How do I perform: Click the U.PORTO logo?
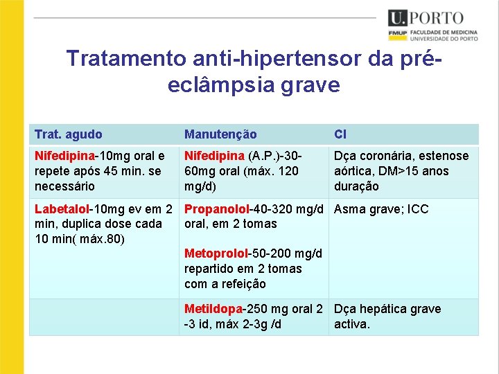pyautogui.click(x=426, y=19)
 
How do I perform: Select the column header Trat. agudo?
pyautogui.click(x=69, y=134)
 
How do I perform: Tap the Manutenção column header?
pyautogui.click(x=220, y=134)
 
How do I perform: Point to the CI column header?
pyautogui.click(x=340, y=134)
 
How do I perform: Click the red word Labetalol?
pyautogui.click(x=62, y=209)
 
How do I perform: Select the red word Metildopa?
pyautogui.click(x=213, y=309)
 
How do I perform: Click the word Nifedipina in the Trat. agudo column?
pyautogui.click(x=64, y=156)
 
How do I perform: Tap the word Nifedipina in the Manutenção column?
pyautogui.click(x=214, y=156)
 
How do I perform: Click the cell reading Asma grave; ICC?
pyautogui.click(x=381, y=209)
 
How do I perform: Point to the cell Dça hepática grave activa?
pyautogui.click(x=387, y=317)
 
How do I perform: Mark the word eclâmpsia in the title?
pyautogui.click(x=220, y=84)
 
